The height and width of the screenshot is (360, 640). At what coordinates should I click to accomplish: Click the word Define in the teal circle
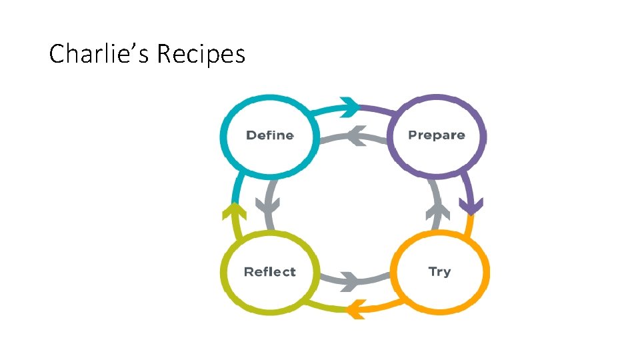pyautogui.click(x=269, y=135)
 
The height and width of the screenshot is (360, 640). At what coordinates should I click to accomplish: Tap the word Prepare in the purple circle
pyautogui.click(x=436, y=135)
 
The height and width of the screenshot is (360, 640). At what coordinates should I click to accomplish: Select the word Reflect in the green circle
pyautogui.click(x=269, y=272)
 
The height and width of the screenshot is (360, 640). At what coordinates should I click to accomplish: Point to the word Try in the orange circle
pyautogui.click(x=439, y=272)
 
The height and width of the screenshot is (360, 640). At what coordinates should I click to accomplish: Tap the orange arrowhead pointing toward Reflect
pyautogui.click(x=355, y=309)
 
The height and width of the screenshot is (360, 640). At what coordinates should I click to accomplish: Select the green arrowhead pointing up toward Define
pyautogui.click(x=234, y=212)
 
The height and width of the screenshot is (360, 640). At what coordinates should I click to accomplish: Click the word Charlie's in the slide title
pyautogui.click(x=100, y=53)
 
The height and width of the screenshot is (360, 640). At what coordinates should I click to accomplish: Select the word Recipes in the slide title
pyautogui.click(x=201, y=53)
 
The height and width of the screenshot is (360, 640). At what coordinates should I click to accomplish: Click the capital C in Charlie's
pyautogui.click(x=56, y=53)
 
